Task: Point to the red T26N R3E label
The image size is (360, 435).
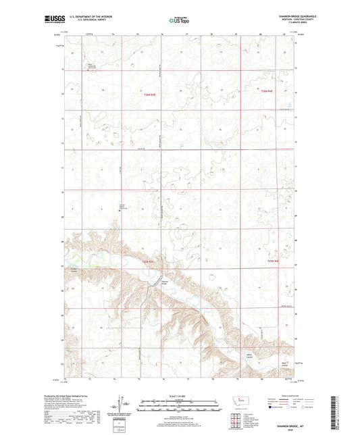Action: [x=150, y=95]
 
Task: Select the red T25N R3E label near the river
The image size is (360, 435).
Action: [x=148, y=261]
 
